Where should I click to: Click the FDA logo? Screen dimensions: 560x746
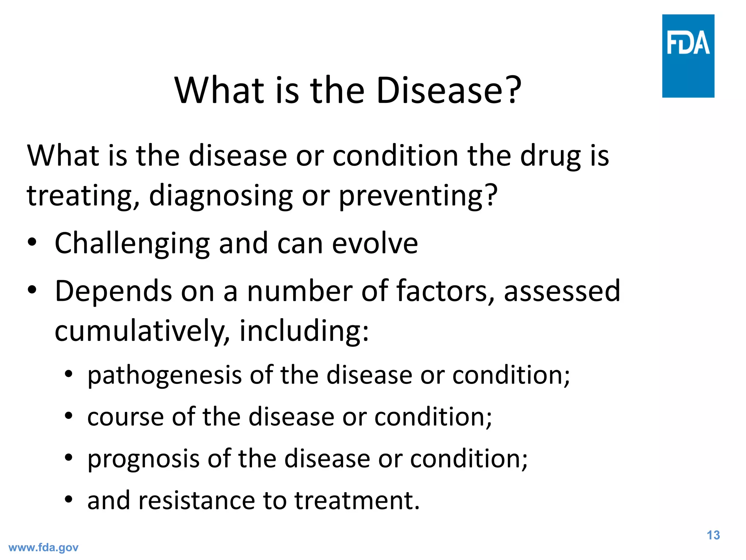click(688, 56)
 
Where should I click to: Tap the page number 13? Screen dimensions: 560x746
click(713, 535)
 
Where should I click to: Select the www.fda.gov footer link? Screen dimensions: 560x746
click(43, 548)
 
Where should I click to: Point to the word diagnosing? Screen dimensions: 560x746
click(221, 196)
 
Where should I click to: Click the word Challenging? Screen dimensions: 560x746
click(132, 244)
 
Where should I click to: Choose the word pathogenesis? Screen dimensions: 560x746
click(164, 376)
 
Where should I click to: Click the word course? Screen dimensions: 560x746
click(126, 417)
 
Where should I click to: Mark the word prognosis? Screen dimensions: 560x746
click(143, 459)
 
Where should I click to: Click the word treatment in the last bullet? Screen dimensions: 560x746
click(357, 500)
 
